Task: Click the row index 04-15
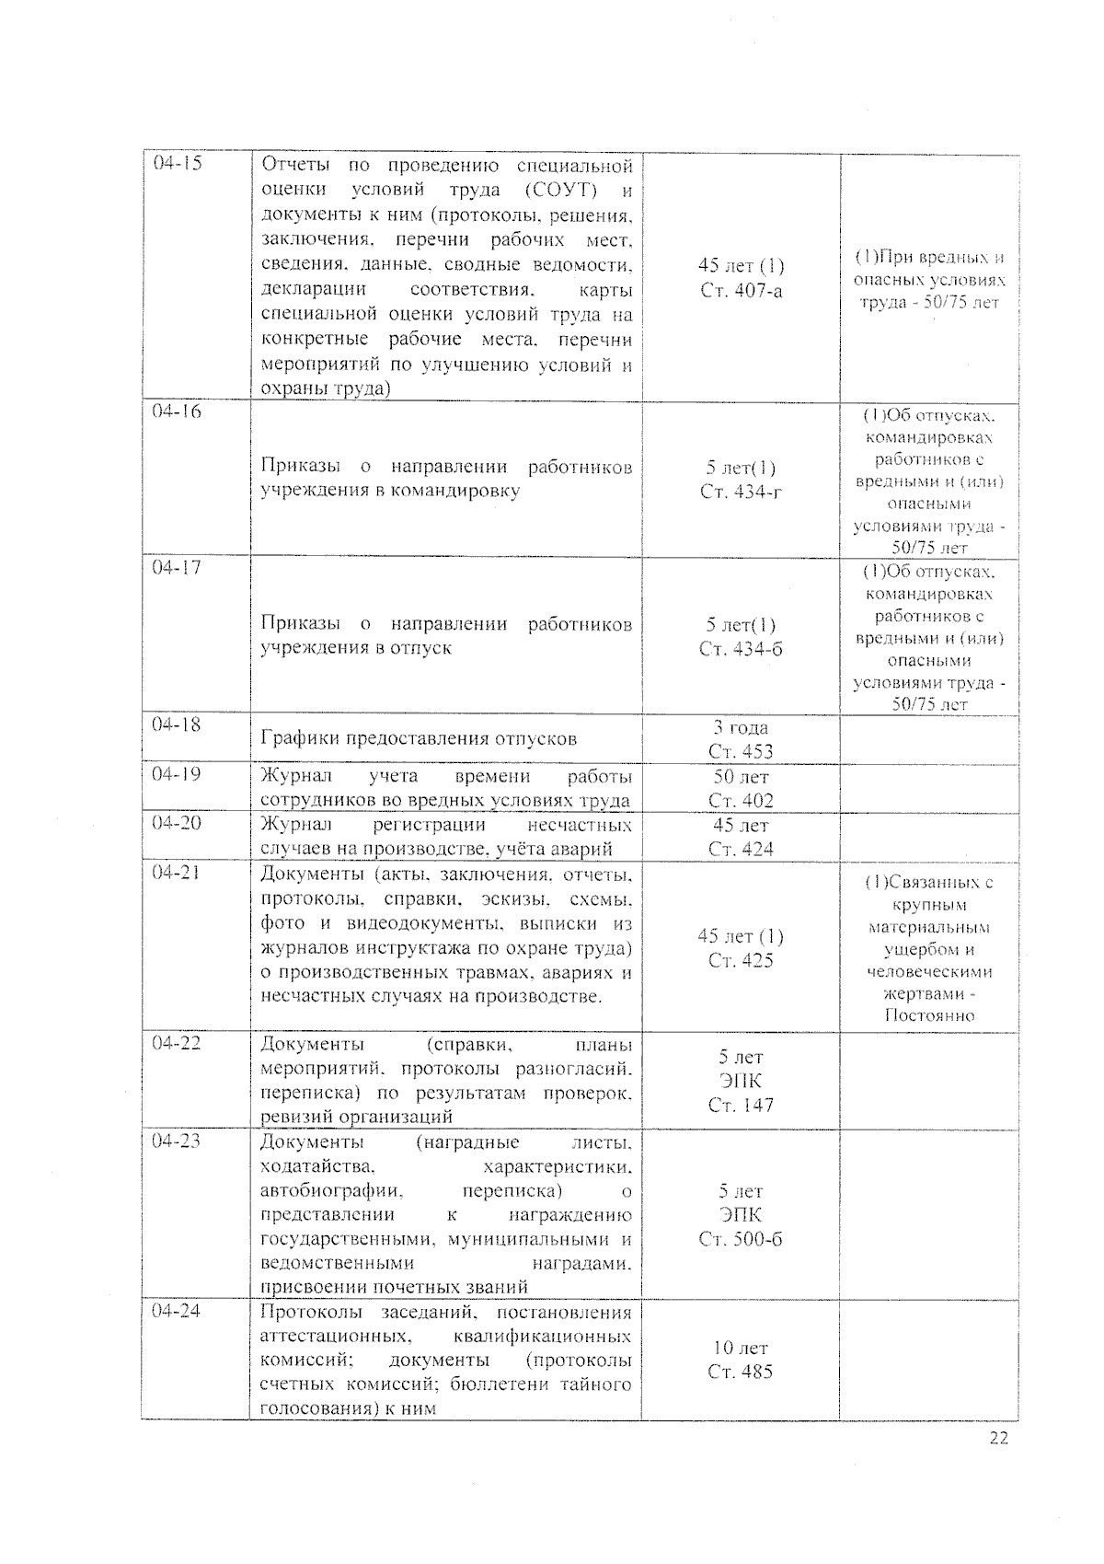[178, 164]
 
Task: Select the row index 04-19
[177, 774]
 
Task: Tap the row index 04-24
[177, 1310]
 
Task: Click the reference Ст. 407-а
[741, 291]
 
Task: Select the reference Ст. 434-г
[741, 492]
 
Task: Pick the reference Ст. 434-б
[741, 649]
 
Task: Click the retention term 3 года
[741, 727]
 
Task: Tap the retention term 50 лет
[741, 777]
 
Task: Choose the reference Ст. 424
[741, 849]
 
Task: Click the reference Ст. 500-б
[741, 1239]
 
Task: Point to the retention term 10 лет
[741, 1348]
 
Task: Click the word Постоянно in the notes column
[929, 1016]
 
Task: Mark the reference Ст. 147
[741, 1105]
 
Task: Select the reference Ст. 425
[741, 961]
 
